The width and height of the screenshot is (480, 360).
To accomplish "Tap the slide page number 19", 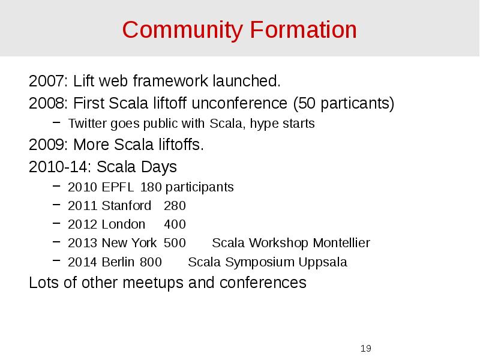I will point(366,349).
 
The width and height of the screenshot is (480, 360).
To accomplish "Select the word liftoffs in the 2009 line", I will point(179,145).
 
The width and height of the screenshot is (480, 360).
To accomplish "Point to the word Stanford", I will point(126,206).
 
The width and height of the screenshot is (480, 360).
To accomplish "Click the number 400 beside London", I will point(175,224).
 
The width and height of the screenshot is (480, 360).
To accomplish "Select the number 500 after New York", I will point(175,243).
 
